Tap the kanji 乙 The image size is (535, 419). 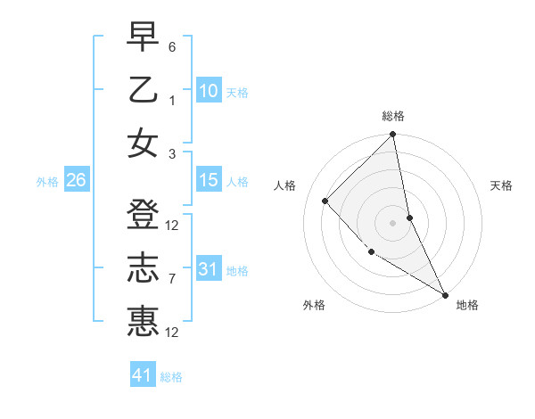[x=143, y=90]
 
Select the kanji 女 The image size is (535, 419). [x=143, y=143]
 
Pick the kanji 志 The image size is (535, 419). [x=143, y=268]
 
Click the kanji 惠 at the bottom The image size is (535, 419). [x=143, y=320]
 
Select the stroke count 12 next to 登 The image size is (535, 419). [x=173, y=225]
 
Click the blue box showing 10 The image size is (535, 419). [x=208, y=90]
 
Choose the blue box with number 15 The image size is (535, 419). [x=208, y=181]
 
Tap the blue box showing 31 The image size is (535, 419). [x=208, y=269]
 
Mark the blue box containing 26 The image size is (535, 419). [x=76, y=181]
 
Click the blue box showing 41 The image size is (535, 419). [x=143, y=375]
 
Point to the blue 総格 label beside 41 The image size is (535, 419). [x=171, y=377]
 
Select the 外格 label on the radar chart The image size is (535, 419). [x=314, y=305]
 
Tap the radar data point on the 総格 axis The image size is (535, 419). [x=392, y=136]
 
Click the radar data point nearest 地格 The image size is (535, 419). [x=445, y=294]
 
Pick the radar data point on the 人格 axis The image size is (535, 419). [x=325, y=201]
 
